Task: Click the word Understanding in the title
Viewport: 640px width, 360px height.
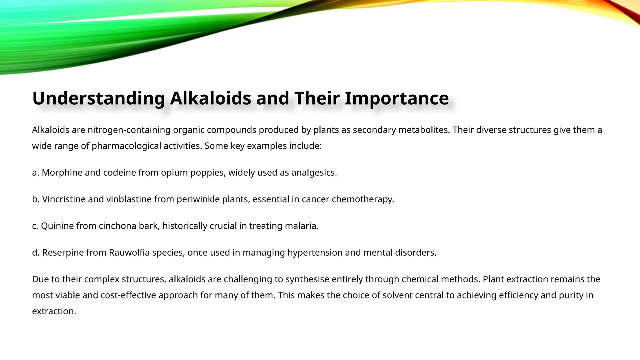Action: click(98, 98)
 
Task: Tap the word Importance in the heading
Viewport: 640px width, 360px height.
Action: click(397, 98)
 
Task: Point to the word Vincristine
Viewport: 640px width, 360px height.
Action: click(64, 199)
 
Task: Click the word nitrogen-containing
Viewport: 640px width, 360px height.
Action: click(129, 130)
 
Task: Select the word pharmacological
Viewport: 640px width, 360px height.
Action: click(126, 146)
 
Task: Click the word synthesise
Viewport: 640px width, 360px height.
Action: click(307, 279)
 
